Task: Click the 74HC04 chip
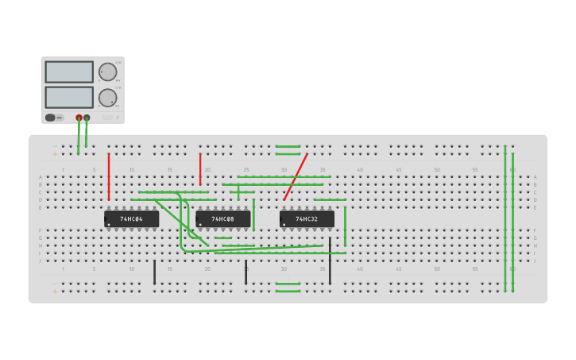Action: click(132, 219)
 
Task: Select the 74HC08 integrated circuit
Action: click(223, 219)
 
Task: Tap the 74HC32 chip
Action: click(307, 219)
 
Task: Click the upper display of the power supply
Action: click(69, 72)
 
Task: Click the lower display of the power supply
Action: click(69, 97)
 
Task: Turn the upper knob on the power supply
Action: click(107, 72)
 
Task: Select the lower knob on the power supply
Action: click(107, 98)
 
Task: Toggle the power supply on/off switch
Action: click(51, 118)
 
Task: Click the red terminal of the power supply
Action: click(79, 118)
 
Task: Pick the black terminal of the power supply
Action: click(87, 118)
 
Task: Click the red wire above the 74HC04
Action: click(109, 176)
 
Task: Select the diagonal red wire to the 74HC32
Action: click(296, 176)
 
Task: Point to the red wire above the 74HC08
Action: click(200, 168)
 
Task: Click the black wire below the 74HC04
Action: click(155, 272)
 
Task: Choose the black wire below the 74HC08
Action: click(246, 272)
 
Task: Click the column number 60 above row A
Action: click(512, 169)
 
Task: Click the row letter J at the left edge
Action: click(41, 261)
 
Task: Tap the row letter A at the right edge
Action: click(535, 177)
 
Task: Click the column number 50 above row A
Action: click(436, 169)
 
